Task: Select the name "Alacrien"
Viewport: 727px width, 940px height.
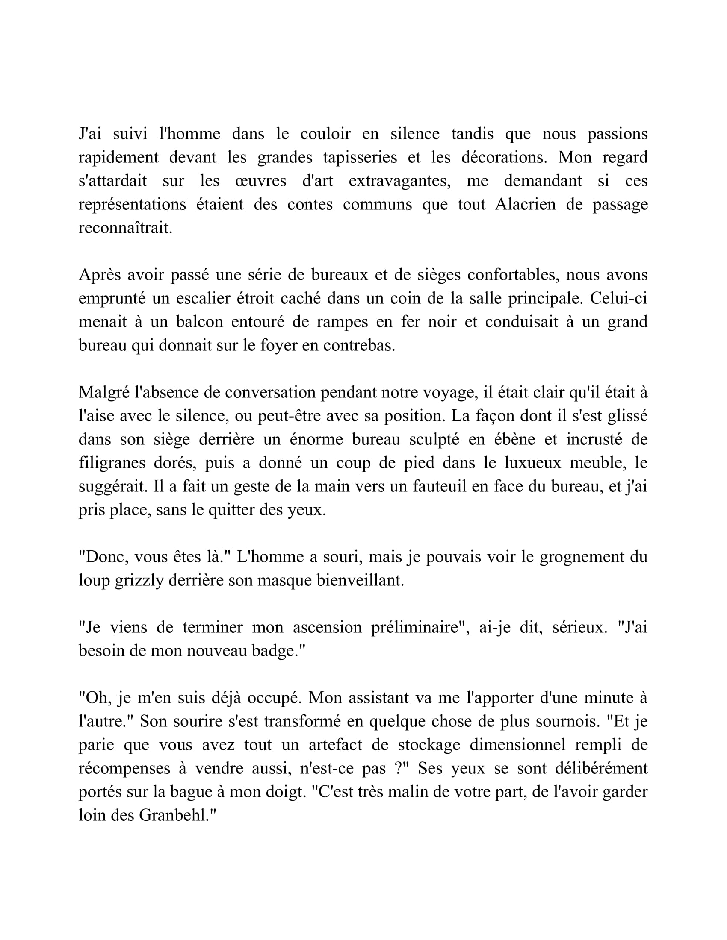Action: click(x=526, y=204)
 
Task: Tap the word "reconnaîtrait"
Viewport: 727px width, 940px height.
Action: click(x=124, y=228)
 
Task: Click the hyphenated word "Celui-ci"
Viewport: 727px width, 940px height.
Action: click(x=618, y=298)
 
